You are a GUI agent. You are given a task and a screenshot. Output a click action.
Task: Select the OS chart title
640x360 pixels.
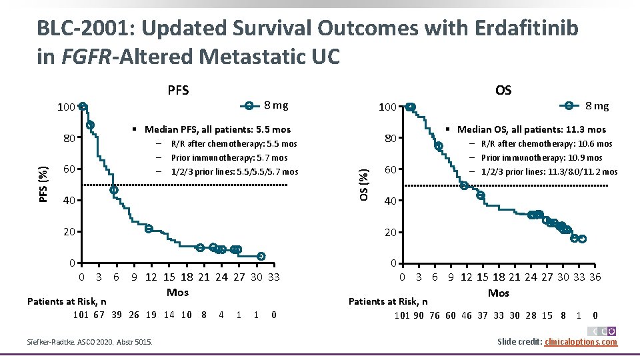(503, 89)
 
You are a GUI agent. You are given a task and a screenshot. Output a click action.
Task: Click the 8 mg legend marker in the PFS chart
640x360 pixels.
(249, 105)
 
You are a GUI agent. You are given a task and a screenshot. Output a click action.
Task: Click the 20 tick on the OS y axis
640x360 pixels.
(391, 232)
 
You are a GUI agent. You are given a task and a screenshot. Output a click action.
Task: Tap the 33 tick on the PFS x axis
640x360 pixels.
(273, 277)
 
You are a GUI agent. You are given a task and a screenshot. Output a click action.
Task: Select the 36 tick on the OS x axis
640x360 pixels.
(595, 277)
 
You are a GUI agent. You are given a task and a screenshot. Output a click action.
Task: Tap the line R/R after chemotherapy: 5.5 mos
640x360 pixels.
(233, 144)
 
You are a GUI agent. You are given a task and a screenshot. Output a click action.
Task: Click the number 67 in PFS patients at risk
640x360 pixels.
(99, 315)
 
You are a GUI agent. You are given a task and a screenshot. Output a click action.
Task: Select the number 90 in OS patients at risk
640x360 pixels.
(419, 315)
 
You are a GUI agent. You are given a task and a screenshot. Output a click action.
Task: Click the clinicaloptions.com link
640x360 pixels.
(581, 342)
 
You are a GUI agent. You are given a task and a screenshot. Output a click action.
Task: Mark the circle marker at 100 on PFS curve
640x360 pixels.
(82, 106)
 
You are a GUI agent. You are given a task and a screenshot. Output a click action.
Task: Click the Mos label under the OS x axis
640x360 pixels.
(499, 293)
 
